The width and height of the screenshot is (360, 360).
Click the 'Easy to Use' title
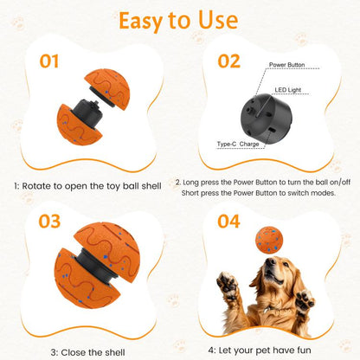pos(178,21)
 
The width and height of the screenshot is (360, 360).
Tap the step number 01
pos(49,61)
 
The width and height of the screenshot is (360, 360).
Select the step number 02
pos(228,61)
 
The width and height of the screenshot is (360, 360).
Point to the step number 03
pos(49,222)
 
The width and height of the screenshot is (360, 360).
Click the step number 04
pos(228,222)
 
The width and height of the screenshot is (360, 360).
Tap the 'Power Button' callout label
pos(286,65)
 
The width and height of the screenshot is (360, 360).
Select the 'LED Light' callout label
pos(288,90)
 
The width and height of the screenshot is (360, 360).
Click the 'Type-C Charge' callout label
pos(238,144)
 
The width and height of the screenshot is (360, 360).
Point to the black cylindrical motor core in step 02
pos(267,119)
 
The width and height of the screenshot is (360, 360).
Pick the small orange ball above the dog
pos(269,240)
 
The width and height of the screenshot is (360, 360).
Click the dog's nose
pos(270,262)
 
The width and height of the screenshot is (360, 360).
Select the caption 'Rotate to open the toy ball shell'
pos(92,186)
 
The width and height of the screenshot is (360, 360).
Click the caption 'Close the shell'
pos(93,352)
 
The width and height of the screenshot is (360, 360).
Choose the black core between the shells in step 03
pos(95,267)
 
